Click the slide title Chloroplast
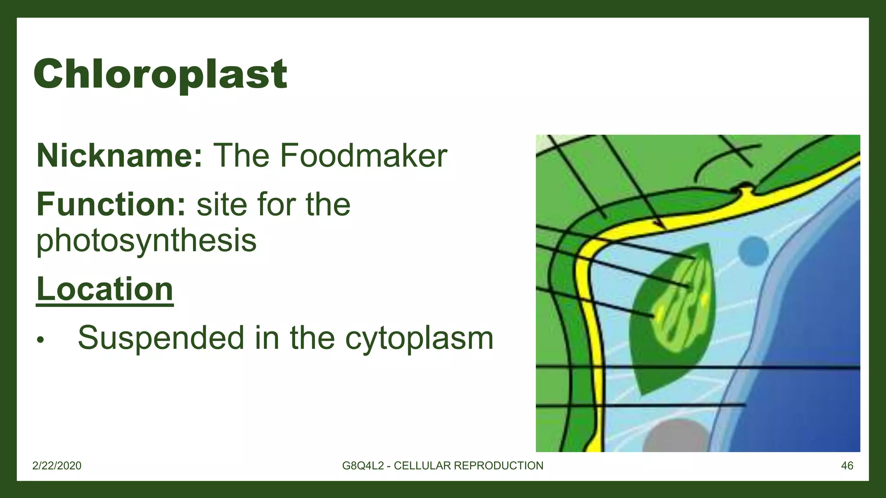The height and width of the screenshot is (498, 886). point(160,74)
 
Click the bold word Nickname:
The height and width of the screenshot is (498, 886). point(119,156)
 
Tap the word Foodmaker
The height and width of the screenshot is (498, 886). point(363,156)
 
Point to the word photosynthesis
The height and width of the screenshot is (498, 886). point(146,240)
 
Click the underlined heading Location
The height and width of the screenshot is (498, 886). point(105,289)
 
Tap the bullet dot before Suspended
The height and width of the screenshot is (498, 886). point(41,340)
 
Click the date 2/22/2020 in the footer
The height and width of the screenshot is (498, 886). point(57,466)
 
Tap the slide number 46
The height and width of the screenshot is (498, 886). point(847,466)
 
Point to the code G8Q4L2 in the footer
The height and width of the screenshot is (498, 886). point(363,466)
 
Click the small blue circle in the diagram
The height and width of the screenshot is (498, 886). point(753,251)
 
